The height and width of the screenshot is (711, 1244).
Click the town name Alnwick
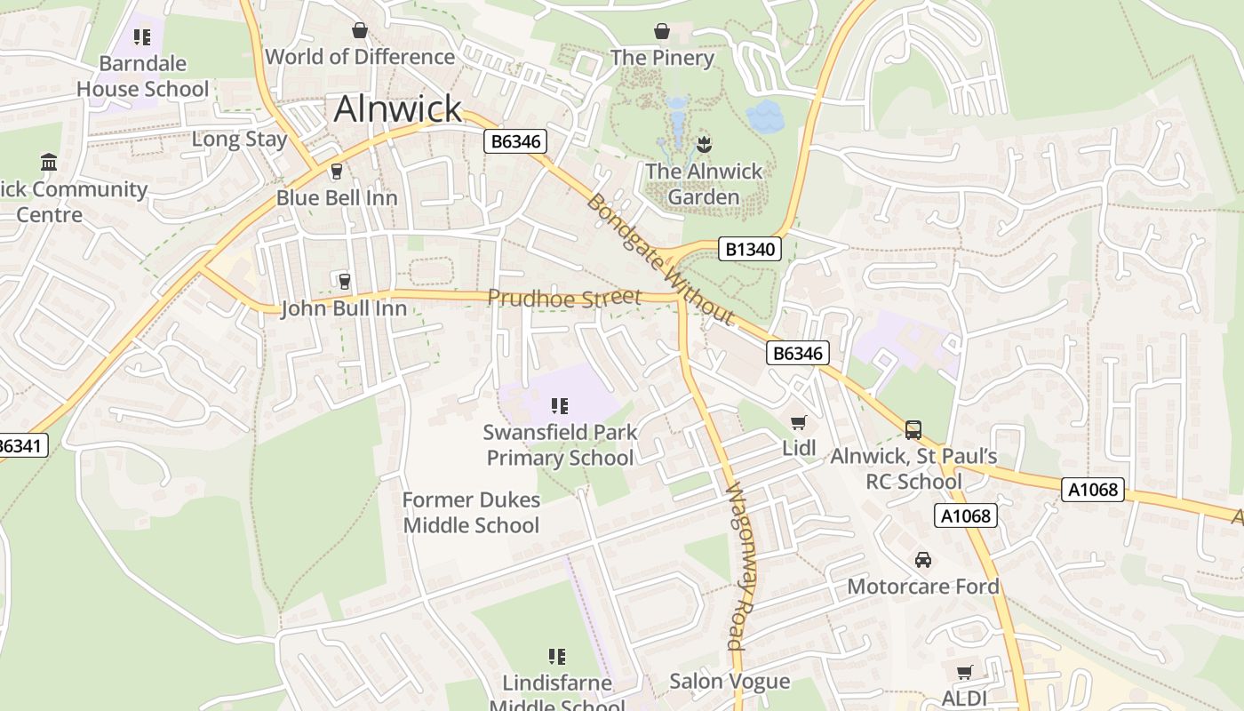(398, 109)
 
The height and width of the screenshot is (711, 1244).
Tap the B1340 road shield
(751, 250)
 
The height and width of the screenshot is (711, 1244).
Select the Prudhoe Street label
(564, 298)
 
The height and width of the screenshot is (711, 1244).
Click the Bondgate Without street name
(660, 259)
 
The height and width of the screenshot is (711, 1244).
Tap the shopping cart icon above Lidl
(799, 422)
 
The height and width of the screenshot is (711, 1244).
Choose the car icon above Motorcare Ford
(923, 560)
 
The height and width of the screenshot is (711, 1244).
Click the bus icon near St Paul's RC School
(913, 430)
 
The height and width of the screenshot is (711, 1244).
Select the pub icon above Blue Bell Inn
(336, 171)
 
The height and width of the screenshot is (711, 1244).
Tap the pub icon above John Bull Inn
(344, 282)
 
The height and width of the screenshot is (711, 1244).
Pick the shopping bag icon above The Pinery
(662, 31)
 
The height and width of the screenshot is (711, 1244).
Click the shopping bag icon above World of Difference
(360, 31)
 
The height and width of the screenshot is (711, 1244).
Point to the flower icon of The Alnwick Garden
(704, 144)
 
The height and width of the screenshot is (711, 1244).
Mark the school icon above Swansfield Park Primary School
(560, 407)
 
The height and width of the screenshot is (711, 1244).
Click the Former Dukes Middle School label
(471, 513)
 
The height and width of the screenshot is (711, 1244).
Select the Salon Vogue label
(730, 682)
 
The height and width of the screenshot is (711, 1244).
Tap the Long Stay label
(240, 140)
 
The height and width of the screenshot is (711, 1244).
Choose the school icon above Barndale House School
(142, 37)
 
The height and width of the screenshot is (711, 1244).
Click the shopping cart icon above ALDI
(964, 673)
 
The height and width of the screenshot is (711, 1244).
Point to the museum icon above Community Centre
(49, 163)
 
